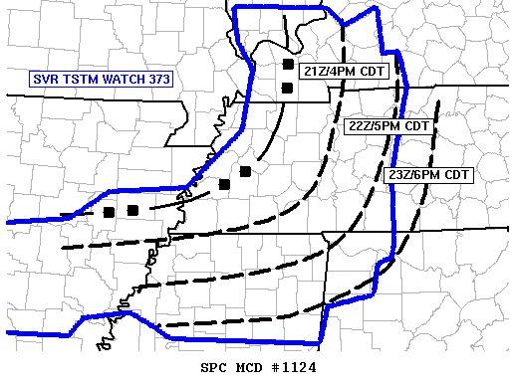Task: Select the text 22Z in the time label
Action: (x=362, y=126)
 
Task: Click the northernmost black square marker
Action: (x=287, y=65)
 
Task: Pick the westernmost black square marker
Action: (x=109, y=212)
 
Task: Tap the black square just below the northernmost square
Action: (x=287, y=88)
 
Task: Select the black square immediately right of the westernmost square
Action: (x=131, y=210)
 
